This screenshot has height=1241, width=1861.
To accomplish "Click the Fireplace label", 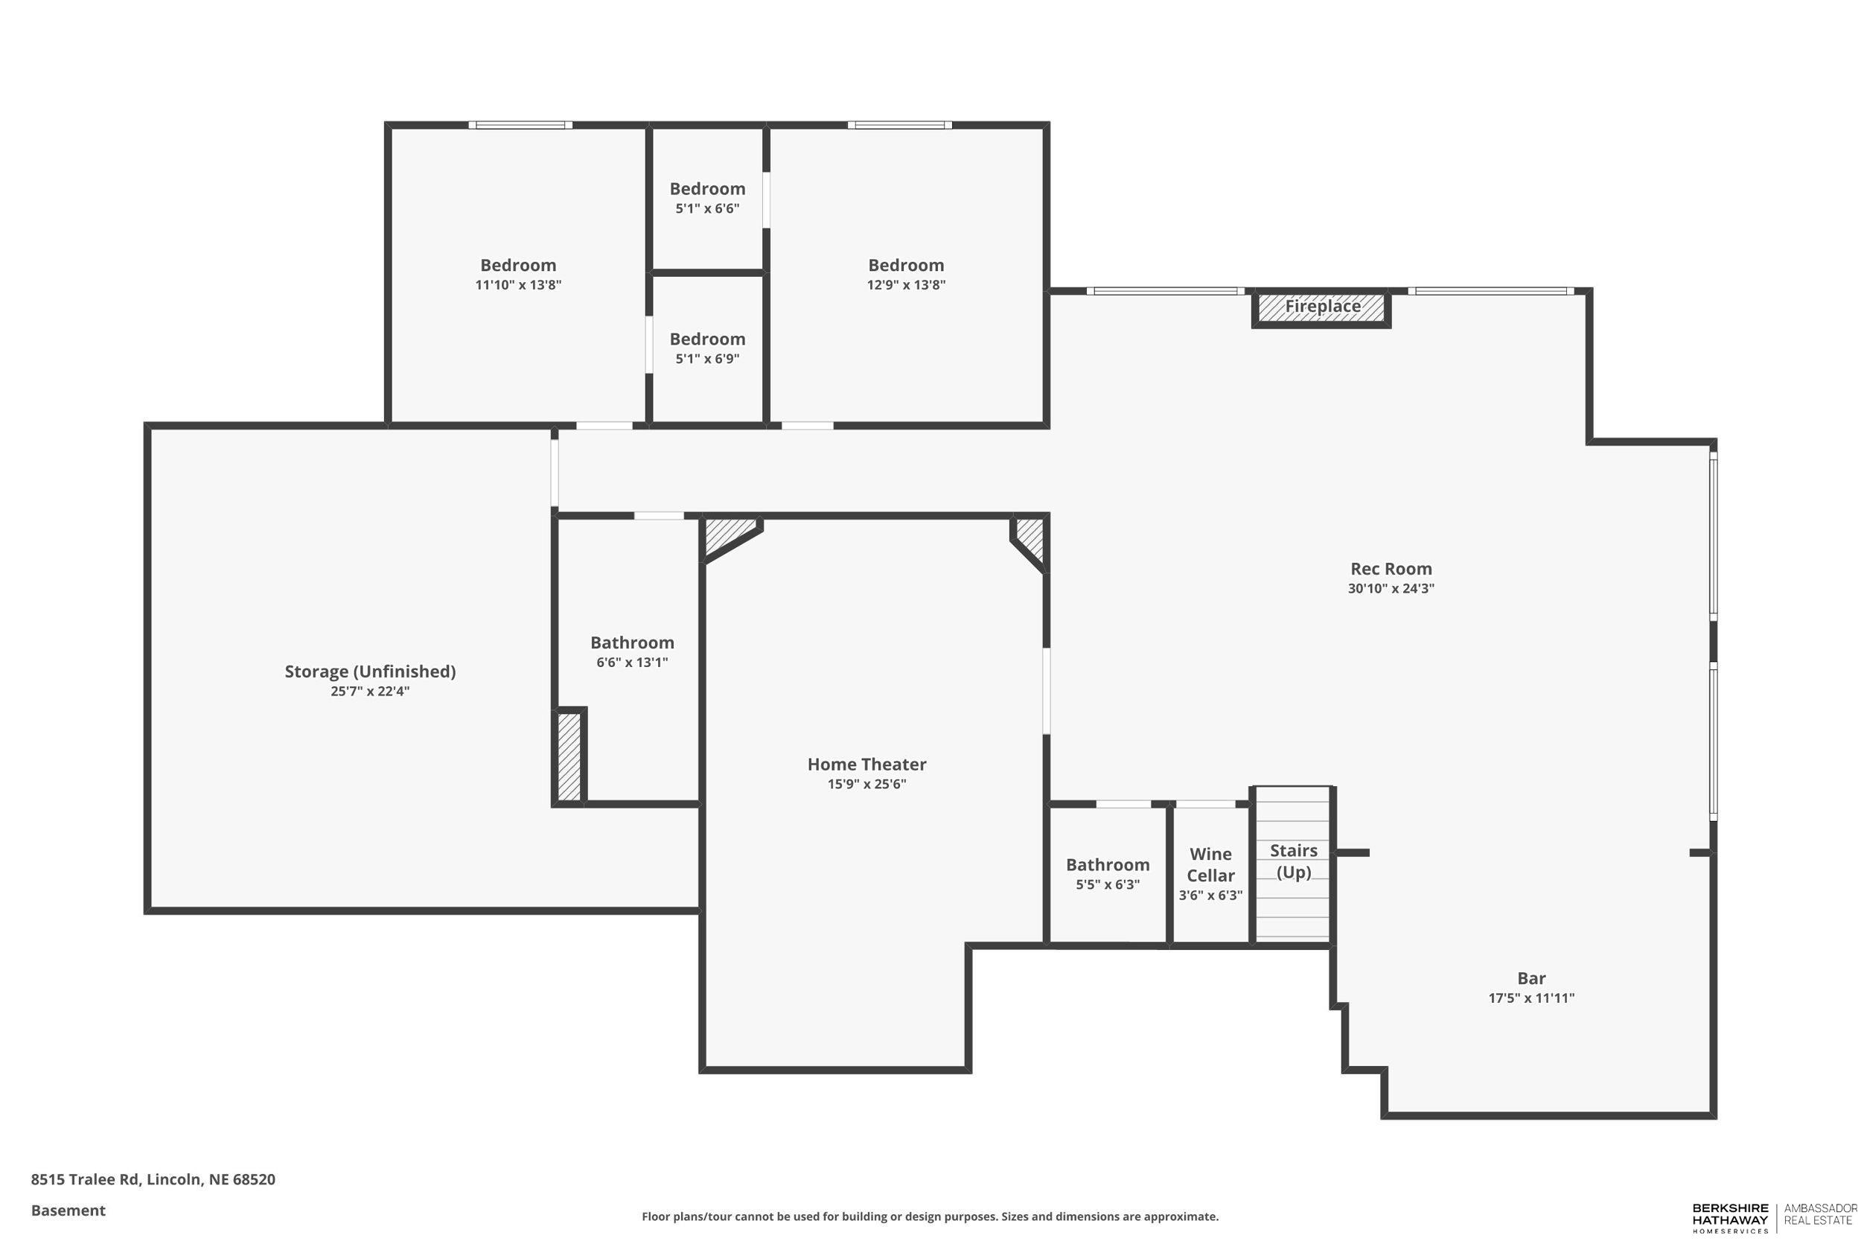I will coord(1321,306).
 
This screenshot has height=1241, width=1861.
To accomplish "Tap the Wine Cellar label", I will coord(1210,864).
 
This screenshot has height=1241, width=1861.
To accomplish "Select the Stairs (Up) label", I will coord(1293,861).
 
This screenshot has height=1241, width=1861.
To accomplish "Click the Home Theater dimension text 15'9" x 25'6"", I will coord(866,785).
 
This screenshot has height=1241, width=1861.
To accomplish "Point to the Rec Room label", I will coord(1391,568).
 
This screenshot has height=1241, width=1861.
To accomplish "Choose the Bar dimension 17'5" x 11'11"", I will coord(1530,998).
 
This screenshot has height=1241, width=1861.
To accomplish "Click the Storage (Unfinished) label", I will coord(369,671).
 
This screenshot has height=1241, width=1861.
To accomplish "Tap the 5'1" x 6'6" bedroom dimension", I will coord(706,209).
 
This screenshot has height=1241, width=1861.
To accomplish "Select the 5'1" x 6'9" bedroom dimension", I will coord(706,360).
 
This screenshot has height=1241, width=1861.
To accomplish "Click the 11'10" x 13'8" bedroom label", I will coord(517,265).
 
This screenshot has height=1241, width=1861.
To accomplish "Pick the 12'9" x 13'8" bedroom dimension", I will coord(905,285).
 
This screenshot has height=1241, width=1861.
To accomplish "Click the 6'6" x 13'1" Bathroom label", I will coord(631,642).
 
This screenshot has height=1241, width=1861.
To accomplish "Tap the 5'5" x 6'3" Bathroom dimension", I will coord(1107,885).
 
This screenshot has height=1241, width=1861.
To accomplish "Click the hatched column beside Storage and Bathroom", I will coord(569,756).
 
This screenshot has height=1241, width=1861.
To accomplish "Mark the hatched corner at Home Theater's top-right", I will coord(1031,537).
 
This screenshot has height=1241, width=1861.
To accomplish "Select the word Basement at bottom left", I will coord(68,1210).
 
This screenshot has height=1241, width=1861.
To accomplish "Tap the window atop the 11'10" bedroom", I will coord(520,125).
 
